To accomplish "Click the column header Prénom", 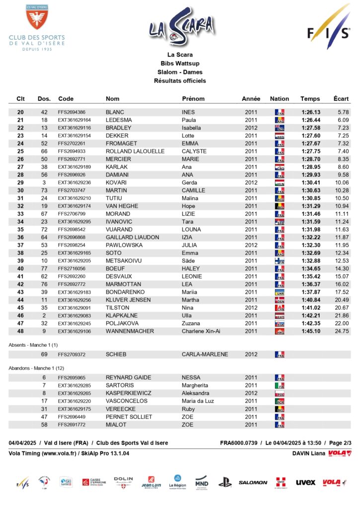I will click(193, 99).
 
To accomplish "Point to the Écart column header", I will click(341, 99).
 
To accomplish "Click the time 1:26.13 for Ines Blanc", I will click(311, 112).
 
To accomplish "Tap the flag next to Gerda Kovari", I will click(280, 183).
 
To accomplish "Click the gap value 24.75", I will click(342, 331).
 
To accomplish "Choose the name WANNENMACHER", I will click(130, 331).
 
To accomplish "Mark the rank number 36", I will click(20, 238).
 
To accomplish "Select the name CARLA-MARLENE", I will click(205, 355).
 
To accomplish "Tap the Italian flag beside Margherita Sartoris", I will click(280, 385).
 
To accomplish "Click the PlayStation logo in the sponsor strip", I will click(225, 482).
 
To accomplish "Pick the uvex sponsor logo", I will click(305, 482).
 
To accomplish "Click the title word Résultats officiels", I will click(180, 80).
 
